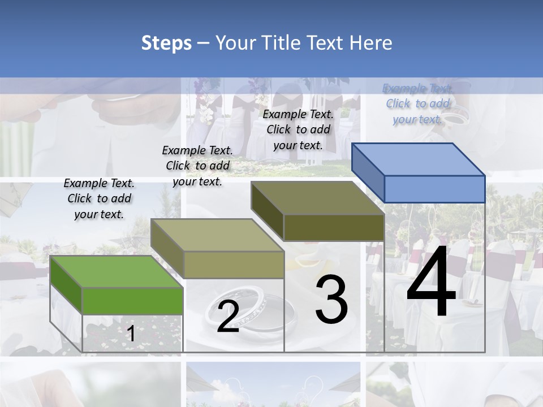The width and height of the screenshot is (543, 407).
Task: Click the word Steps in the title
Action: [x=166, y=43]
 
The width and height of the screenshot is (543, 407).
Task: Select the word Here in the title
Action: [x=371, y=43]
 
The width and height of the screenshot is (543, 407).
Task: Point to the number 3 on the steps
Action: [x=331, y=300]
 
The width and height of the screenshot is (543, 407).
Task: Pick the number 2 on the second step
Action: [x=228, y=317]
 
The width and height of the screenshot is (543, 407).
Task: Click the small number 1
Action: [x=131, y=334]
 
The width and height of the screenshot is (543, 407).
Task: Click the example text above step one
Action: [x=99, y=198]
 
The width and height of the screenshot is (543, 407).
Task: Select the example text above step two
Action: [x=197, y=166]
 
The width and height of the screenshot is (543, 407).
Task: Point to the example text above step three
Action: [x=298, y=129]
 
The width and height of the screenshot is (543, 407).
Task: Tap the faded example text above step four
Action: [x=417, y=103]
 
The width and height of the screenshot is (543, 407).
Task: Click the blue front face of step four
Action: [x=434, y=189]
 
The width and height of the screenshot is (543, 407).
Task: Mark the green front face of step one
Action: [x=132, y=301]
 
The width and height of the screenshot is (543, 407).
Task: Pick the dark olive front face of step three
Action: [x=334, y=228]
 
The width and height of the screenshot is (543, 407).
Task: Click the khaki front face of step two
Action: [x=234, y=265]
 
